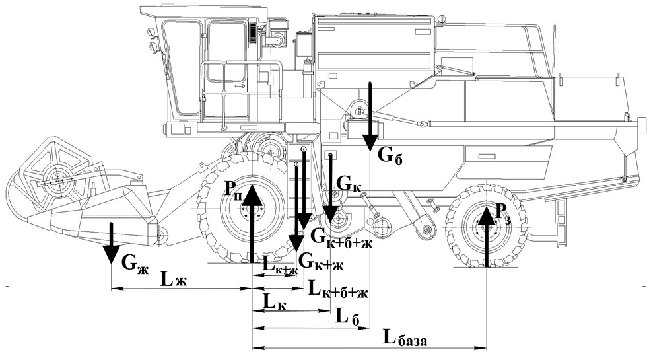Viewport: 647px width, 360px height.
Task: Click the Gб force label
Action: pos(390,157)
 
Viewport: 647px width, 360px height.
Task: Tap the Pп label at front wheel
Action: pos(234,189)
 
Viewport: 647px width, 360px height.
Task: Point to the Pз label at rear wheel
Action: pos(503,214)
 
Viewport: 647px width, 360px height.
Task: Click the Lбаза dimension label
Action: pos(405,338)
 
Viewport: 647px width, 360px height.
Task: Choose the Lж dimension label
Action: pos(173,281)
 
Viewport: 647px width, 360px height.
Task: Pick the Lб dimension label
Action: pos(347,316)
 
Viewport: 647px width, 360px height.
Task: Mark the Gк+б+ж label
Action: pos(342,238)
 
